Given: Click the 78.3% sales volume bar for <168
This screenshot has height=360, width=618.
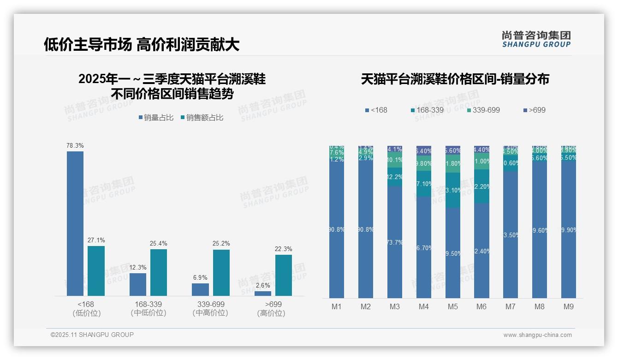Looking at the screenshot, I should [75, 223].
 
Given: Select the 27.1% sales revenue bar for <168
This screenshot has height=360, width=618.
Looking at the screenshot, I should [96, 270].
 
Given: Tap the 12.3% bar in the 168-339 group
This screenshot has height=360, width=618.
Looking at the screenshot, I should [138, 284].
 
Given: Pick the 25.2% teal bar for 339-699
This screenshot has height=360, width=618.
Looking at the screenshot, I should [221, 272].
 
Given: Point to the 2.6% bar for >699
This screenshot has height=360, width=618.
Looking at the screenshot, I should [263, 294].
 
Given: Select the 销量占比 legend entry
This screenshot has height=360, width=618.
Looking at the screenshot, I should [156, 118].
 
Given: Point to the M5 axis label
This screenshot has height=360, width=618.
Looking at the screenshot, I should [452, 306].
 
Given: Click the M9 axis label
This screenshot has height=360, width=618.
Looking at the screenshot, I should [569, 306].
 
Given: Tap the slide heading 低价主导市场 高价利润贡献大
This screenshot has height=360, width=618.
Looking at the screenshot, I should [142, 44].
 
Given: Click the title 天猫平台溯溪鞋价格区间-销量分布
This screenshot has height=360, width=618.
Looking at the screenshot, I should [455, 79].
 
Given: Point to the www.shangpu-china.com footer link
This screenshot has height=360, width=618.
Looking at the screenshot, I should [537, 335].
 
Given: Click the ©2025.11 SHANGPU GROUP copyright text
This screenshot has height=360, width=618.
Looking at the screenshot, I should [92, 335].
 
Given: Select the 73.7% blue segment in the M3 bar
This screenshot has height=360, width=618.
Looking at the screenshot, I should [395, 242].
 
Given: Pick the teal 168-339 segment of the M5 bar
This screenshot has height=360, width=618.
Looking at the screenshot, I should [453, 190].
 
